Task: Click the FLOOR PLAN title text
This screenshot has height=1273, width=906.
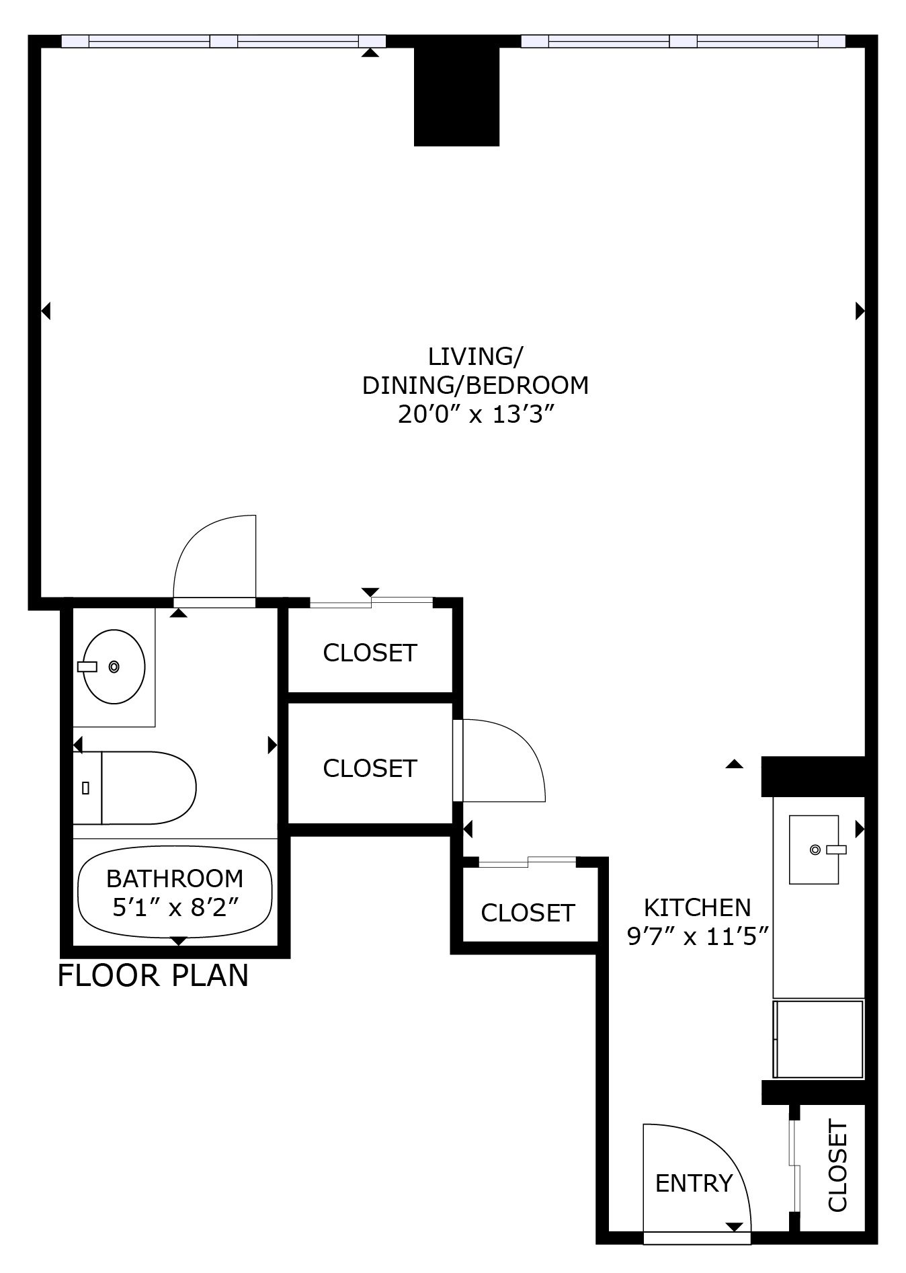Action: point(153,975)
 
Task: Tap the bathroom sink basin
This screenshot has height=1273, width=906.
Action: point(114,667)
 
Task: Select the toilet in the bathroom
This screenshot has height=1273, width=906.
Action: point(135,788)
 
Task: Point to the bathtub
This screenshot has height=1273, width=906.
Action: point(175,892)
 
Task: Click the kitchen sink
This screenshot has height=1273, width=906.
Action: point(814,850)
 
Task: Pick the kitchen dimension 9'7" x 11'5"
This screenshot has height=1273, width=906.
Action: point(698,936)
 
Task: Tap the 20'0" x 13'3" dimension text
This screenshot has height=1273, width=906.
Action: point(475,415)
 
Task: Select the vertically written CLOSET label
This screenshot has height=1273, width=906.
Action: point(837,1165)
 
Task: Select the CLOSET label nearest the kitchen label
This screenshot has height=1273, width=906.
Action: point(528,913)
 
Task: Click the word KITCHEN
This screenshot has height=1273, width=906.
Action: point(697,907)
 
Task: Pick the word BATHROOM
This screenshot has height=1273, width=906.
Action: point(175,878)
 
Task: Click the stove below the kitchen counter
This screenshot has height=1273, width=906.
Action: point(818,1038)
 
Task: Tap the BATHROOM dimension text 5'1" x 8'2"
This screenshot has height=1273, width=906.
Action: point(175,908)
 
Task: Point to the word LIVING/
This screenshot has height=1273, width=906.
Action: point(475,356)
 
